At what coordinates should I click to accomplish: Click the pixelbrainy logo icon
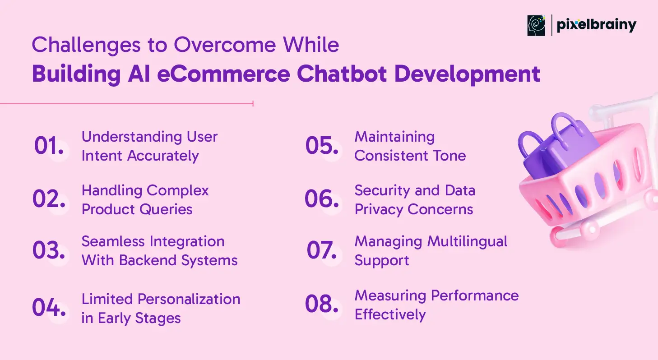[x=536, y=25]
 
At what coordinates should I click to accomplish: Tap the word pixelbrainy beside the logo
[x=596, y=26]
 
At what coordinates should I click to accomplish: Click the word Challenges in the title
[x=86, y=45]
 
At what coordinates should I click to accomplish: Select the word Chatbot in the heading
[x=342, y=74]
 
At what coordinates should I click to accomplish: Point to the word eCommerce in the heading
[x=223, y=74]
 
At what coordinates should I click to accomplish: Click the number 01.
[x=49, y=145]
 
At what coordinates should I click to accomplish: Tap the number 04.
[x=49, y=307]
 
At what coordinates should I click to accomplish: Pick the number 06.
[x=322, y=198]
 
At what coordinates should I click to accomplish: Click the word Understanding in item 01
[x=132, y=137]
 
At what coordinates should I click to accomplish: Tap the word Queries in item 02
[x=166, y=209]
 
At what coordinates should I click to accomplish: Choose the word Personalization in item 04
[x=189, y=300]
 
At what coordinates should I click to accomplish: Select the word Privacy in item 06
[x=379, y=210]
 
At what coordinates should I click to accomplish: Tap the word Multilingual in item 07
[x=467, y=242]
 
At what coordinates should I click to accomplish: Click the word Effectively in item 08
[x=390, y=314]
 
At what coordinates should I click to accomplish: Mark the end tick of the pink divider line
[x=253, y=103]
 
